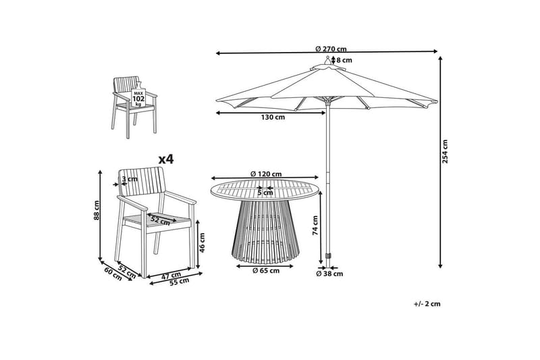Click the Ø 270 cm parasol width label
tap(331, 49)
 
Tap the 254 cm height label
tap(445, 151)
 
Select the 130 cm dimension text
tap(272, 118)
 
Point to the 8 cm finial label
tap(344, 60)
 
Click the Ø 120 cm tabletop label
tap(265, 174)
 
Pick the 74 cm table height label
tap(315, 225)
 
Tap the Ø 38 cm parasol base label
tap(331, 274)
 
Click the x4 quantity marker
tap(165, 159)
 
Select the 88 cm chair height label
tap(97, 211)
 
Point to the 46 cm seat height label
tap(202, 241)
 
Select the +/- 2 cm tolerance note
tap(427, 304)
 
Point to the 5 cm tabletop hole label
tap(265, 192)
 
